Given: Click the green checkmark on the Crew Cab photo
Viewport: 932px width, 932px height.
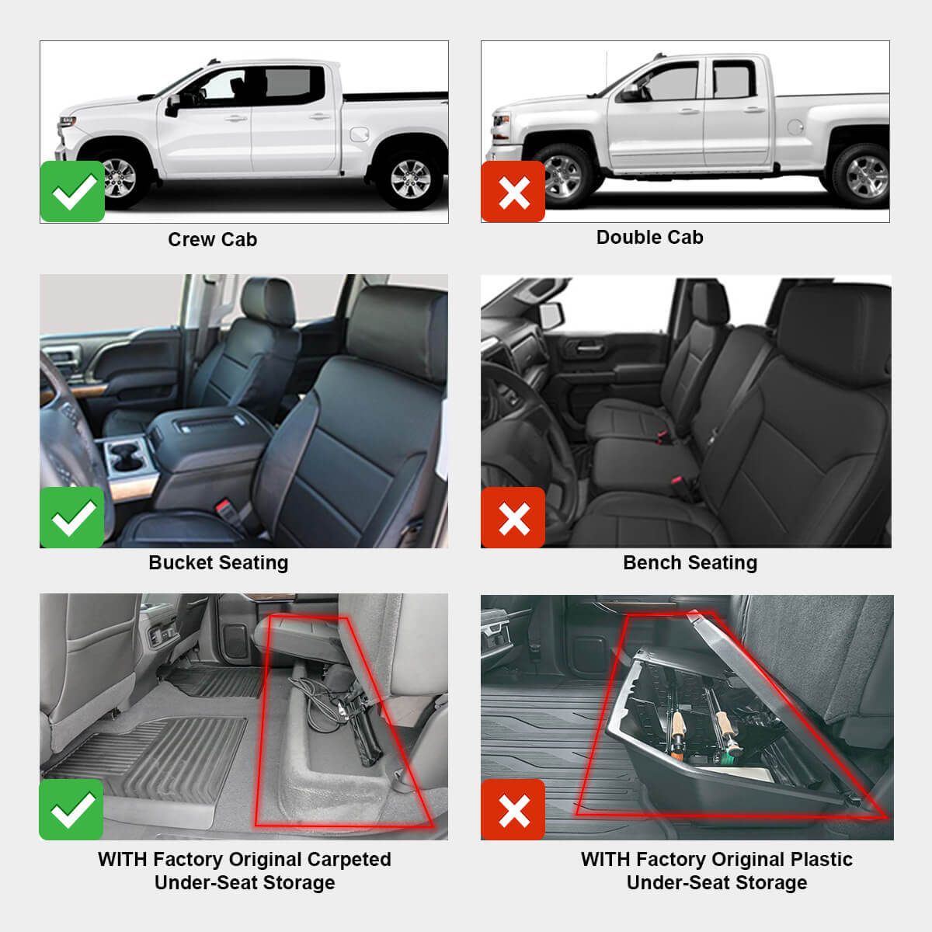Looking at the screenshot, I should click(72, 192).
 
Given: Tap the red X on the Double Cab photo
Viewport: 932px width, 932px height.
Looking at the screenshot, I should click(513, 192).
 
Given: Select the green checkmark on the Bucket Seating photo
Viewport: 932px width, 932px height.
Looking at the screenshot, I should click(72, 518).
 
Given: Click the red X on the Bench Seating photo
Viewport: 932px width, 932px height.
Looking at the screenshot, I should click(513, 518).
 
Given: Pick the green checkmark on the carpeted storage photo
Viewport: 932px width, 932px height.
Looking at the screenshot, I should click(71, 810).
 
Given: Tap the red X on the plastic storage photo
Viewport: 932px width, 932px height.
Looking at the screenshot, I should click(513, 810).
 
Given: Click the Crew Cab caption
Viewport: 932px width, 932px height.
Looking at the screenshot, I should click(212, 239).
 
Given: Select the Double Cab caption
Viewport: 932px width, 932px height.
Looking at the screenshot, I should click(649, 237).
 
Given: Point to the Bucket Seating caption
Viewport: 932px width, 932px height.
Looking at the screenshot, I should click(218, 562).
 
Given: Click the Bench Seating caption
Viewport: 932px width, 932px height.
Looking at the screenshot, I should click(690, 562).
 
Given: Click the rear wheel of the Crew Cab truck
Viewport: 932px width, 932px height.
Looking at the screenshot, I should click(410, 179).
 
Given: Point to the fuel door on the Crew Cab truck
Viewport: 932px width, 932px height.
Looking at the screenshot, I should click(359, 134).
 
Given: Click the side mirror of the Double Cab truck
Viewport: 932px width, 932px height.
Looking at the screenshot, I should click(630, 93).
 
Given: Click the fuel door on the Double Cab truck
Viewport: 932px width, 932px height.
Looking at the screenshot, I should click(795, 126).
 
